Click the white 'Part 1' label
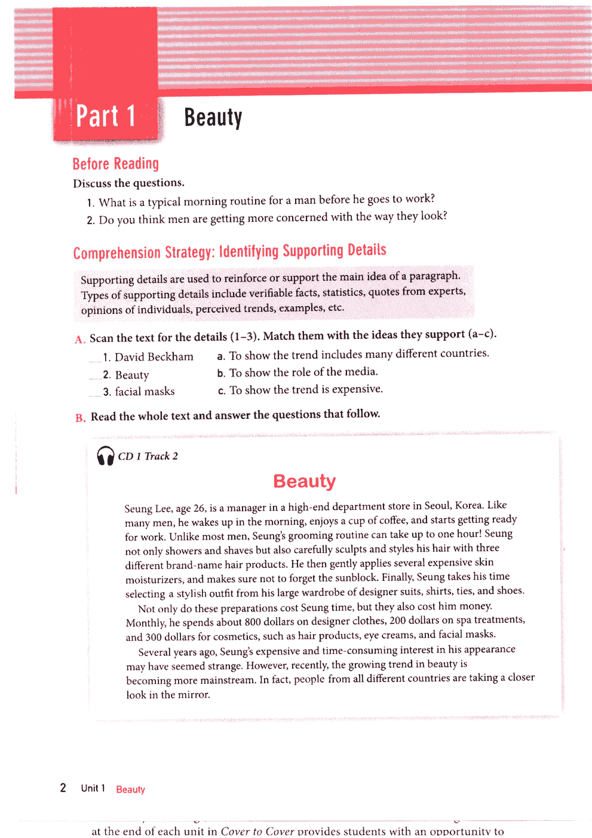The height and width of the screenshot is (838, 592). click(106, 116)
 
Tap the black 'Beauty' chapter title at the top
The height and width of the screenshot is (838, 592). click(213, 117)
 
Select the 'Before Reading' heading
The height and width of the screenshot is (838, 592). click(115, 164)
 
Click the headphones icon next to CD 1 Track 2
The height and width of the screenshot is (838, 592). click(106, 456)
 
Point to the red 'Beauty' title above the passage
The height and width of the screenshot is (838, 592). click(304, 481)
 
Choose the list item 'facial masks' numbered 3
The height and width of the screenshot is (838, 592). click(145, 392)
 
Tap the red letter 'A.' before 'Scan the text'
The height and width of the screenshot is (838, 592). click(80, 340)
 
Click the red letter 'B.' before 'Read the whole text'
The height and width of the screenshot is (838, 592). click(80, 417)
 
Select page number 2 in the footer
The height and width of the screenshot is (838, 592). click(63, 788)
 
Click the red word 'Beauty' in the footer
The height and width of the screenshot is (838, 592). click(130, 790)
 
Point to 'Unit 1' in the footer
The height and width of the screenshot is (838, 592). click(93, 788)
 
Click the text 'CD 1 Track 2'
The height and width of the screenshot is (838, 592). click(148, 456)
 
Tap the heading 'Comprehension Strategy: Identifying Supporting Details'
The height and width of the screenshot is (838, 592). click(229, 252)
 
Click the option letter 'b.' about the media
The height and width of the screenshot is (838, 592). click(221, 374)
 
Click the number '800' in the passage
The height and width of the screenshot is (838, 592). click(253, 622)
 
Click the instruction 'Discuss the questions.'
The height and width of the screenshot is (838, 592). click(128, 183)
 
